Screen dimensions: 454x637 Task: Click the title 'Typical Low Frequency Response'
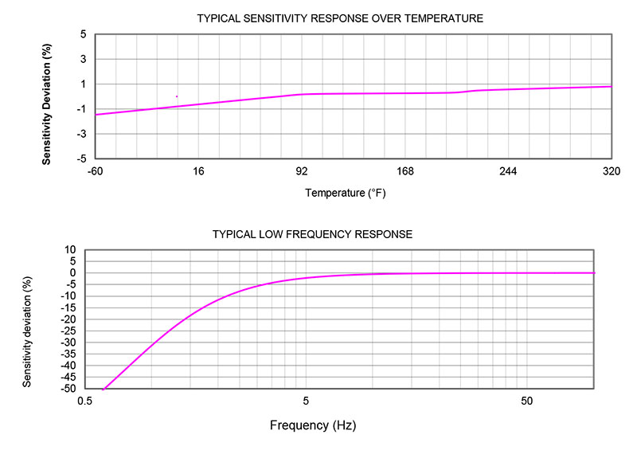click(x=312, y=234)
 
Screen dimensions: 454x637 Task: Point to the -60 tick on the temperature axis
click(x=96, y=171)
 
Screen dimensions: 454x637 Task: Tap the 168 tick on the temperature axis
click(x=405, y=171)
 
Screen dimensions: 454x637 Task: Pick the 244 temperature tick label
click(x=508, y=171)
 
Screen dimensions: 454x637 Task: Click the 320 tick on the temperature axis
click(x=612, y=171)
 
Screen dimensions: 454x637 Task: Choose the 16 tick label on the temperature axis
click(x=199, y=171)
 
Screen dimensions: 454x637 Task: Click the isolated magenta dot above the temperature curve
click(x=176, y=96)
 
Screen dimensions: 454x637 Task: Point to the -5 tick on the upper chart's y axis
click(x=81, y=159)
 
